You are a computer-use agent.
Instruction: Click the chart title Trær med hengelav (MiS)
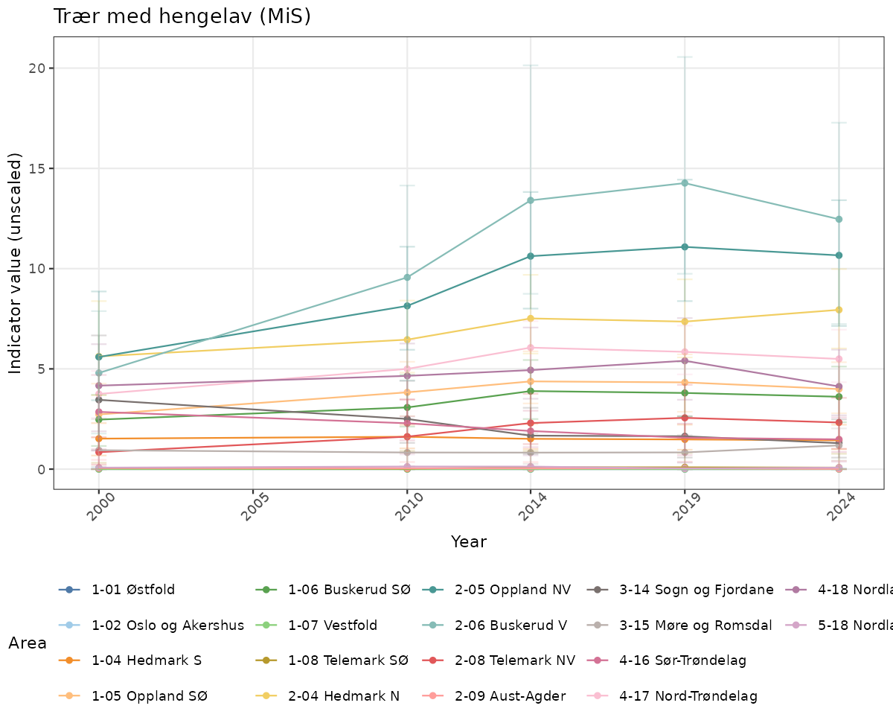tap(182, 16)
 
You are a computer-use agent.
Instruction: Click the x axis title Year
tap(469, 541)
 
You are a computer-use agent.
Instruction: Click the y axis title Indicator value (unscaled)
tap(16, 264)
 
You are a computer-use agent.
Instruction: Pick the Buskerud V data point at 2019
tap(684, 183)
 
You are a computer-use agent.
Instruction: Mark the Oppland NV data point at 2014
tap(531, 256)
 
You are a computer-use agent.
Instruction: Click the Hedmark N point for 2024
tap(839, 310)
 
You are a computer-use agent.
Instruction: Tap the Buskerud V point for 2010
tap(407, 278)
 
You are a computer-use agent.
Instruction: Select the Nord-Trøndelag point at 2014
tap(531, 348)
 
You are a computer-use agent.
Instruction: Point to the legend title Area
tap(28, 643)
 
